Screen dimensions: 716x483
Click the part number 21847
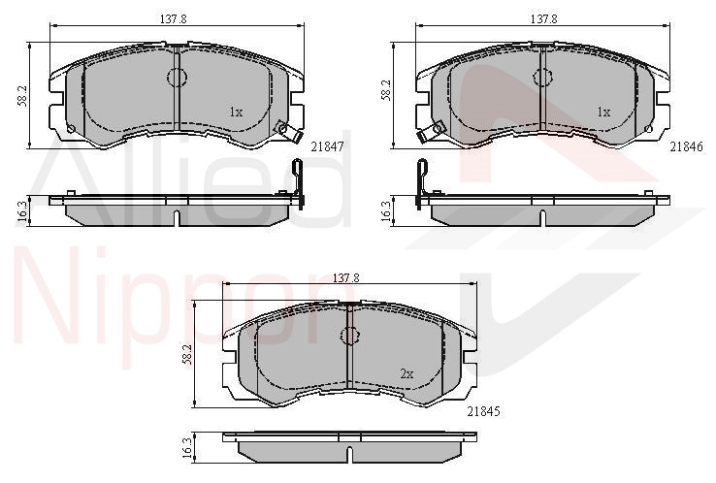tap(327, 146)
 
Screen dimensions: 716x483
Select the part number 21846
tap(687, 146)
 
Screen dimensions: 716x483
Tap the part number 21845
tap(483, 411)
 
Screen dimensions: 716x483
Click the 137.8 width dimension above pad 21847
tap(173, 19)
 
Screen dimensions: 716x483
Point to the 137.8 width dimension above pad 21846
tap(543, 19)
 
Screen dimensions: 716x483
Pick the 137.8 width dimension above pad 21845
tap(346, 277)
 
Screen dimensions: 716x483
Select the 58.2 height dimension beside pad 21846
tap(386, 90)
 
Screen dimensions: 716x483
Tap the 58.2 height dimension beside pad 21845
tap(187, 354)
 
